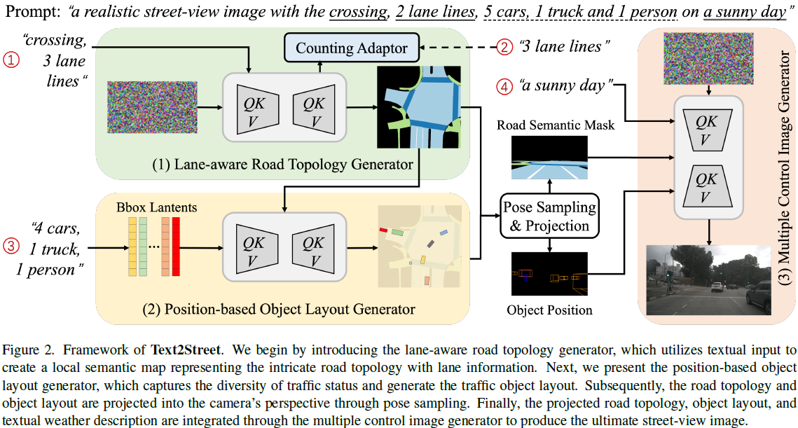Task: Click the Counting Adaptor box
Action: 351,48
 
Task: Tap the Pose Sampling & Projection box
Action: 549,216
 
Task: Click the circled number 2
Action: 505,48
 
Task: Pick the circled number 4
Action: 505,87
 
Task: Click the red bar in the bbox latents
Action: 176,246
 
